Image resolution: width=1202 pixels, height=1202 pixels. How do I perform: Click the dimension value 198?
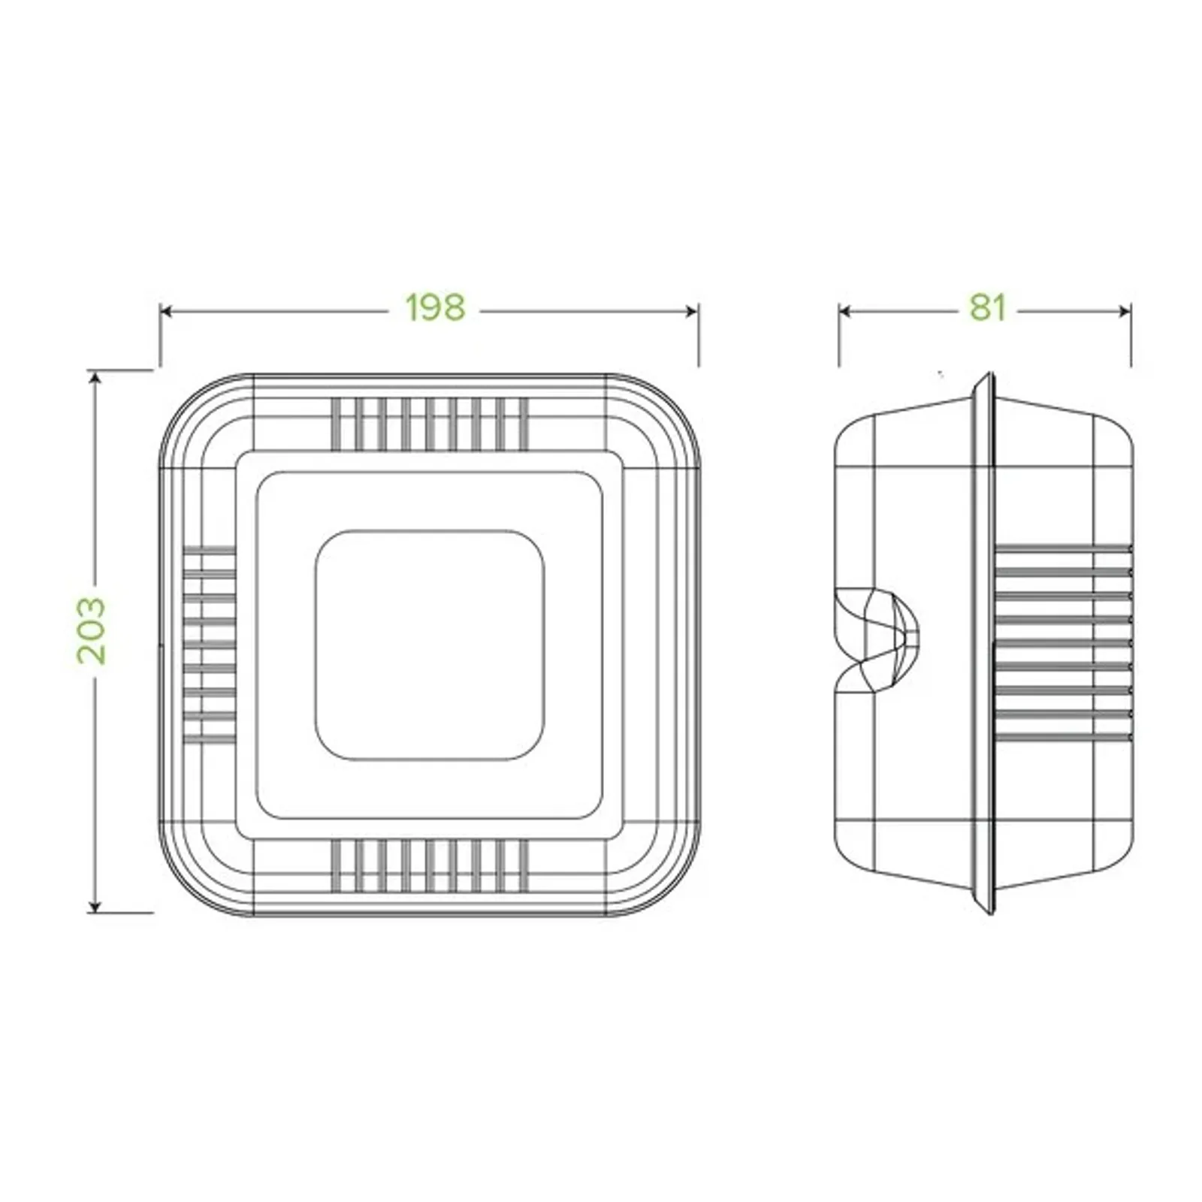click(435, 307)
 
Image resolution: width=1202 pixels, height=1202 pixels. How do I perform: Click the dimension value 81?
click(986, 307)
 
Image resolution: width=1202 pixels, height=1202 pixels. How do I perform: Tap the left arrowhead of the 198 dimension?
click(166, 311)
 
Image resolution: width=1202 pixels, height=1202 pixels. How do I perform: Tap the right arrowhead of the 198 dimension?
click(693, 311)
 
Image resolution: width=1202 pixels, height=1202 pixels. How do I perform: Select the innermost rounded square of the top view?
click(429, 645)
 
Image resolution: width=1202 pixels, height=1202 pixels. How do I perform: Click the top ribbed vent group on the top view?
click(429, 424)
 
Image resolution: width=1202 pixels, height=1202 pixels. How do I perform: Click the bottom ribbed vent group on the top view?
click(429, 865)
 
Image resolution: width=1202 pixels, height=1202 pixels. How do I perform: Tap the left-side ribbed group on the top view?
click(210, 645)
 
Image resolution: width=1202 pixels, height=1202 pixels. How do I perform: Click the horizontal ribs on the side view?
click(1062, 643)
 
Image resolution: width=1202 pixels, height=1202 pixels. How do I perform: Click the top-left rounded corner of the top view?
click(188, 402)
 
